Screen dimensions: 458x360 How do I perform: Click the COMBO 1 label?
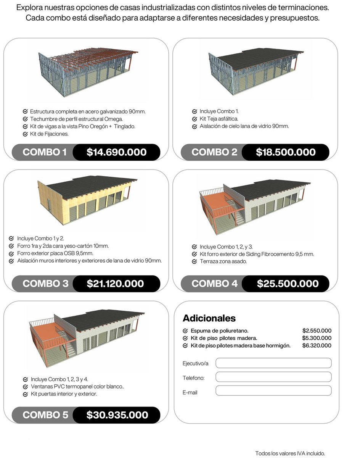[45, 152]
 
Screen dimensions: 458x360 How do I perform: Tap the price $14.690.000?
[116, 152]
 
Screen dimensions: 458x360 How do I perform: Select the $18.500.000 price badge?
[286, 152]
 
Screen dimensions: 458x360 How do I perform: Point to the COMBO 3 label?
[46, 284]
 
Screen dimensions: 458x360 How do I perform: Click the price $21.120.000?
[115, 284]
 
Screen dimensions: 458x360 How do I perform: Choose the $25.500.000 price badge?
[288, 284]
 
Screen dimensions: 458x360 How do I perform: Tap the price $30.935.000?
[117, 415]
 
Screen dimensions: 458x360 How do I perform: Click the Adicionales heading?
[209, 318]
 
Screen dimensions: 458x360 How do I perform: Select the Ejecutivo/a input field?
[273, 363]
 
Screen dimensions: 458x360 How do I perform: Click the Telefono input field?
[273, 377]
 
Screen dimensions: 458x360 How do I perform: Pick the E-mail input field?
[273, 390]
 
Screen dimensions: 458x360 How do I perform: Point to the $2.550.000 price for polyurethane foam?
[317, 331]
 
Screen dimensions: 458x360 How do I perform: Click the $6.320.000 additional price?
[317, 345]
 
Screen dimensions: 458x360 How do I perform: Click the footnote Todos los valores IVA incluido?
[290, 453]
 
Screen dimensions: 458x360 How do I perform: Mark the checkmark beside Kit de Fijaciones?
[25, 134]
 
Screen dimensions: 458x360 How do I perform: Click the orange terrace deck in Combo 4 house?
[215, 202]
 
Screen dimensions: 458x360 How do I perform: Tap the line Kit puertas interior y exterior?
[64, 393]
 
